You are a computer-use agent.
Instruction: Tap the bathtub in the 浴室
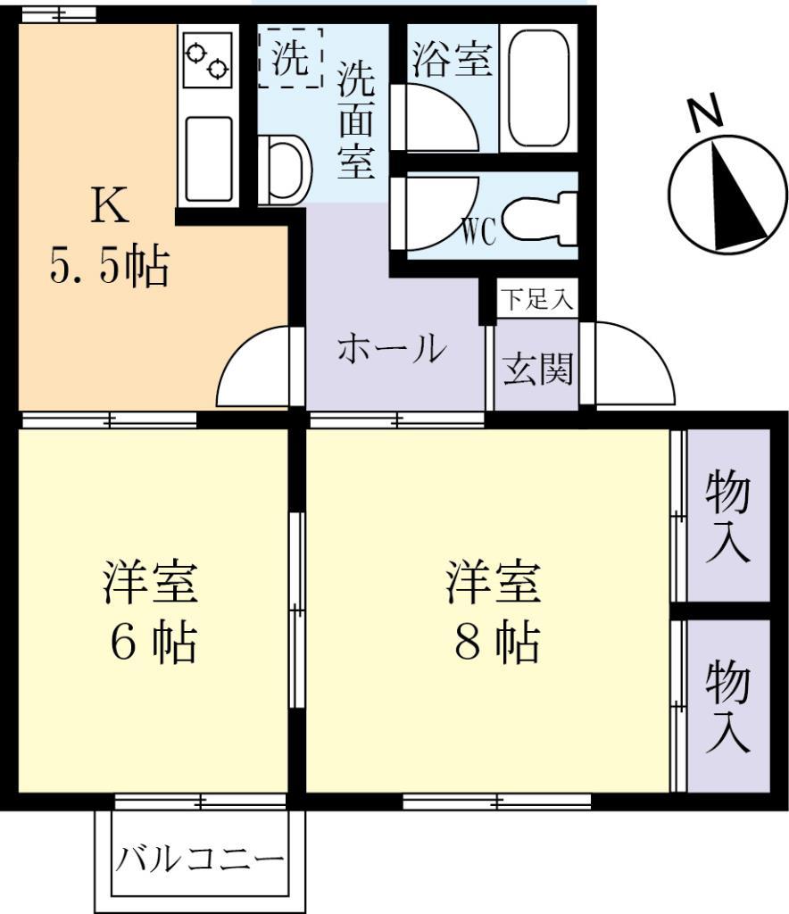pyautogui.click(x=538, y=87)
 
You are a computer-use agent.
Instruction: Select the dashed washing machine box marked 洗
pyautogui.click(x=291, y=58)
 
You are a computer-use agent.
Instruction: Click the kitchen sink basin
pyautogui.click(x=208, y=157)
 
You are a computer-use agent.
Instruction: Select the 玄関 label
pyautogui.click(x=537, y=368)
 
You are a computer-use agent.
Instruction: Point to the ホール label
pyautogui.click(x=391, y=348)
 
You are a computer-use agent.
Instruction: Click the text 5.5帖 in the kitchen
pyautogui.click(x=109, y=265)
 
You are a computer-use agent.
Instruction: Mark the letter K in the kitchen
pyautogui.click(x=110, y=207)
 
